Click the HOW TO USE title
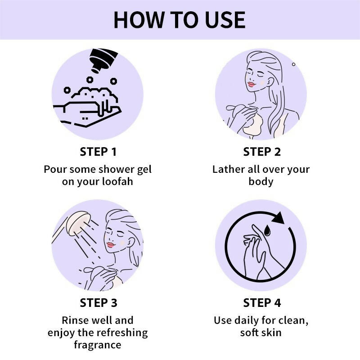180,20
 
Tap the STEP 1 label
98,152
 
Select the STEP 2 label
262,152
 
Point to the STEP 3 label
99,303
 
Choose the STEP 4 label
262,303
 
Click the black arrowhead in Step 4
278,218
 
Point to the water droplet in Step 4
267,230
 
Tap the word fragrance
98,345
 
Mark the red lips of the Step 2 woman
251,85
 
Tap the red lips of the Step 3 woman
111,245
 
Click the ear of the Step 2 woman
270,82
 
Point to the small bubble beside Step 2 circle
293,64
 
